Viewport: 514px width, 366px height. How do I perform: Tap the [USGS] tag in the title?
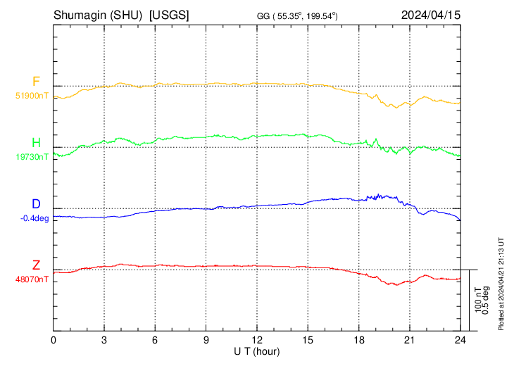coord(169,15)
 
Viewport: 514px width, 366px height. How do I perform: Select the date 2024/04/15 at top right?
coord(430,15)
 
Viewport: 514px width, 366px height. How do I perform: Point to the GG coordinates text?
coord(298,15)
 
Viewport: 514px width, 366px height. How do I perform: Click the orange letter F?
coord(36,82)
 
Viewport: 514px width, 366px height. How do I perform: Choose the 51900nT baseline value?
coord(32,95)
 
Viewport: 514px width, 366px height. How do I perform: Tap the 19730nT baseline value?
coord(32,157)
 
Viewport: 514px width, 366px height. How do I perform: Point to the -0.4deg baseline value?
coord(35,218)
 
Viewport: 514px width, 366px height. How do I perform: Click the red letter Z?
coord(36,266)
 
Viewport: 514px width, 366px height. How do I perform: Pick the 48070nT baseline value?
coord(32,279)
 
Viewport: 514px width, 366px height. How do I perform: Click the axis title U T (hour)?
coord(257,351)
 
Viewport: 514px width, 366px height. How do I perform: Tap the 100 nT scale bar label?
coord(477,300)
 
